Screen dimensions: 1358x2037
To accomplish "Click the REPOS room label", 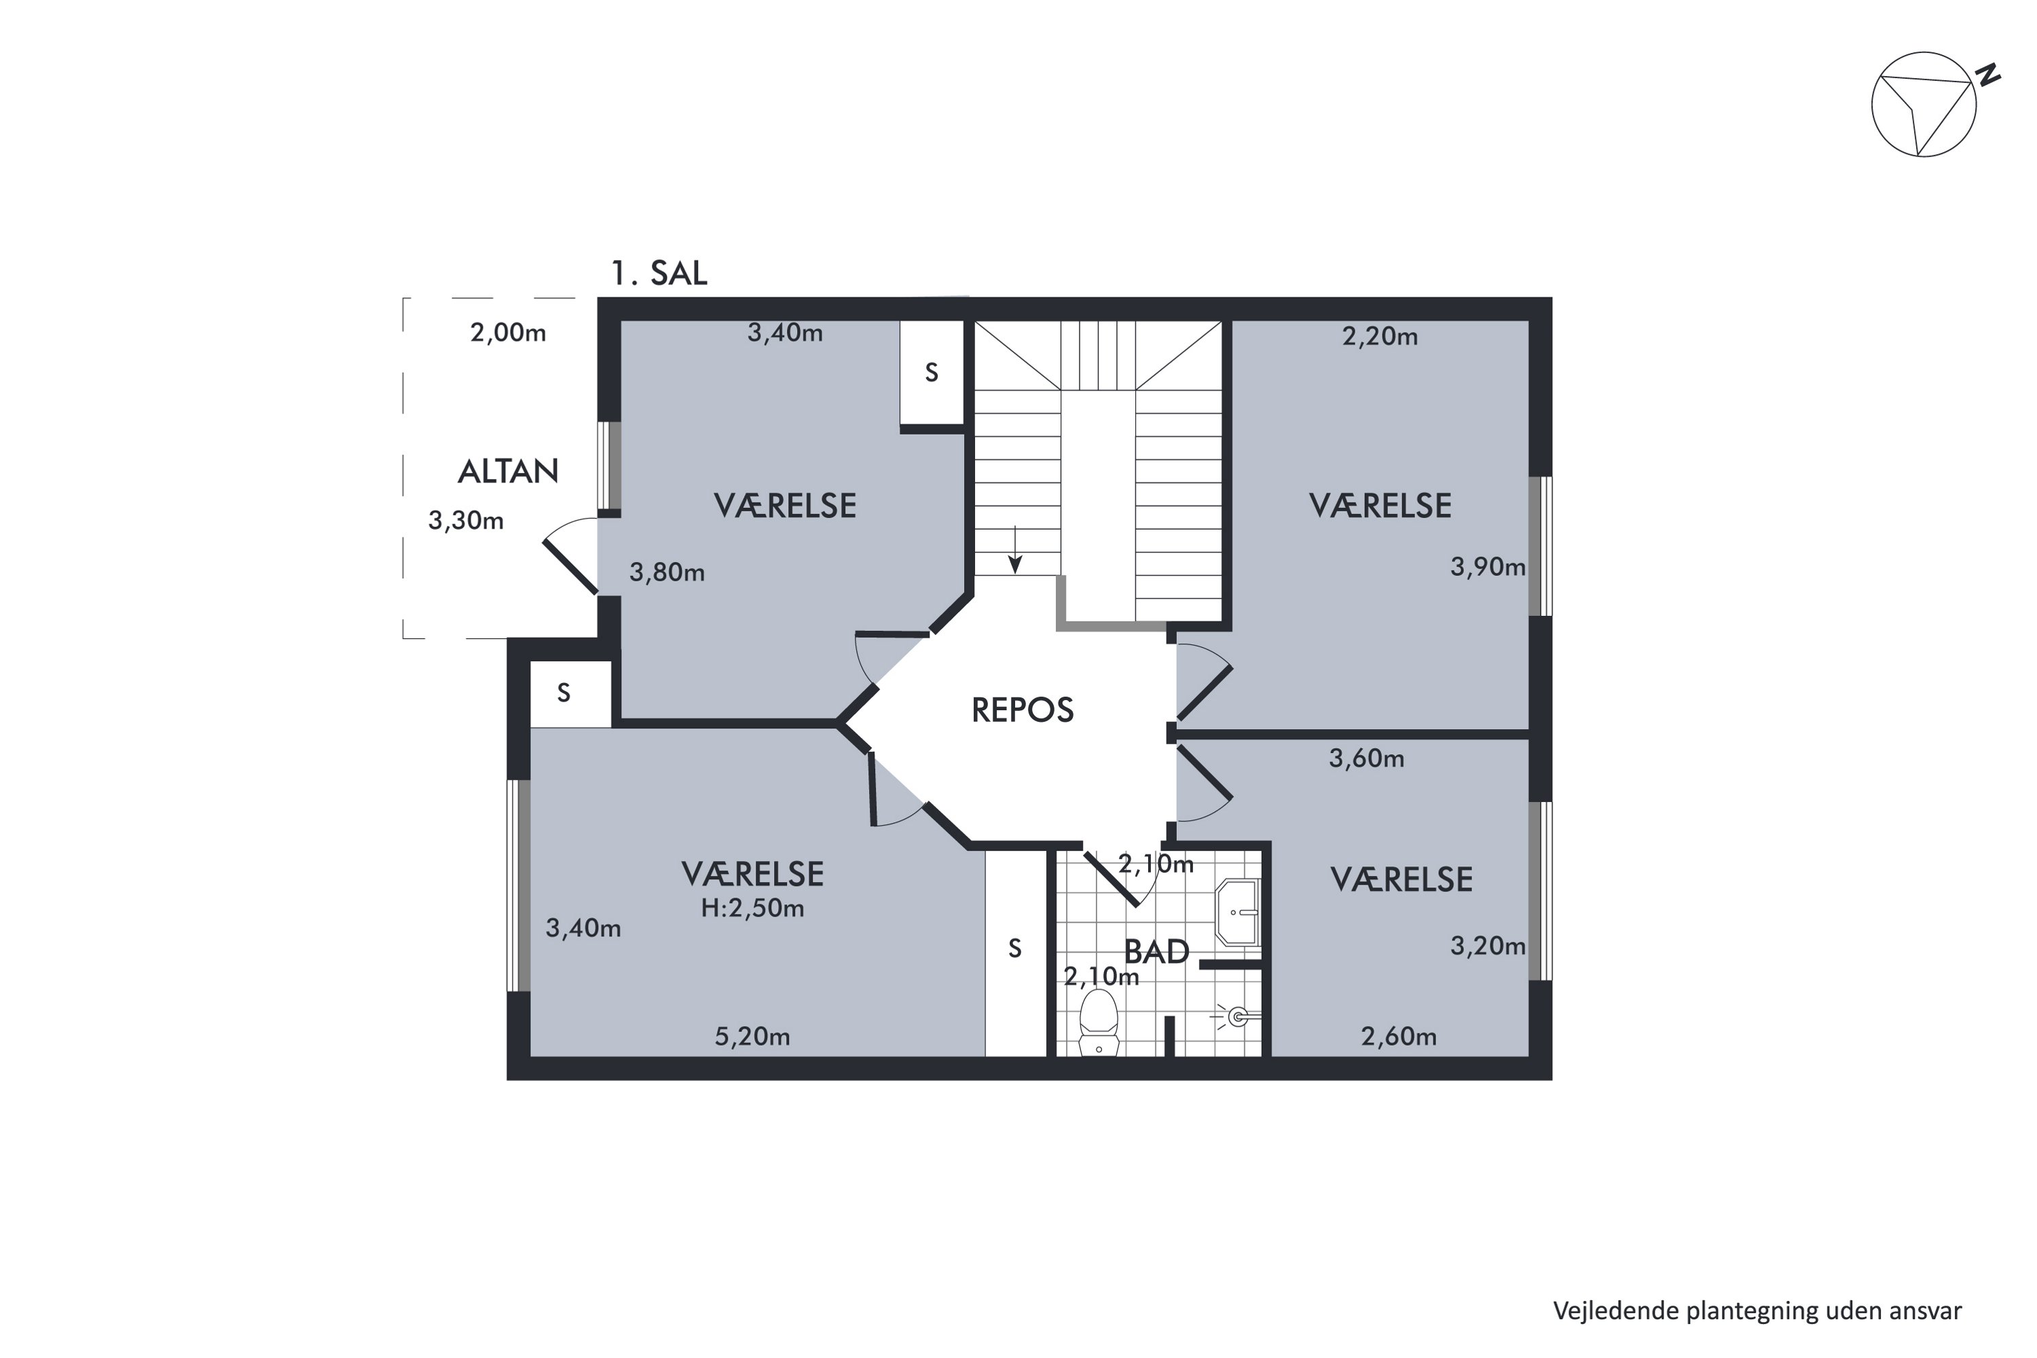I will tap(1022, 710).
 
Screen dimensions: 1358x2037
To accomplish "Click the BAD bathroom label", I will tap(1156, 952).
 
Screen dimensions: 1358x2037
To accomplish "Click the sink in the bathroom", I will tap(1238, 912).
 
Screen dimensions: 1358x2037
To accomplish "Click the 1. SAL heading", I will tap(659, 273).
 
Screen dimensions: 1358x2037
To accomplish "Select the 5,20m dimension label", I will tap(752, 1037).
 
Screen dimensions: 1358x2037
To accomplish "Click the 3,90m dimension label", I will tap(1487, 567).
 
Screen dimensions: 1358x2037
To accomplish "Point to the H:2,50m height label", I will tap(752, 908).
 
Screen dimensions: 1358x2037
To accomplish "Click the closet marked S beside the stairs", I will tap(931, 372).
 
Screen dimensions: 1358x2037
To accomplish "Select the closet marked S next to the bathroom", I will tap(1015, 949).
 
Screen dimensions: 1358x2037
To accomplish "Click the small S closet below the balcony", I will tap(564, 693).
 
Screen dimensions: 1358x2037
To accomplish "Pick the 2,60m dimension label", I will tap(1398, 1037).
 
